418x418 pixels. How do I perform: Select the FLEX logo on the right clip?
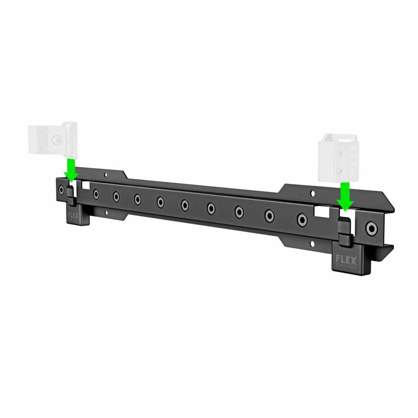pyautogui.click(x=347, y=260)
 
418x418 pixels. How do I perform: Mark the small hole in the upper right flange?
pyautogui.click(x=312, y=194)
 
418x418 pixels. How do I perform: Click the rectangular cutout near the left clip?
pyautogui.click(x=86, y=185)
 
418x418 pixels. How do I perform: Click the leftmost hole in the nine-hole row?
pyautogui.click(x=97, y=194)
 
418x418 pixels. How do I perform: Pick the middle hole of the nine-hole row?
pyautogui.click(x=185, y=205)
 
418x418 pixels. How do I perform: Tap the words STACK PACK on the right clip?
pyautogui.click(x=347, y=265)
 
